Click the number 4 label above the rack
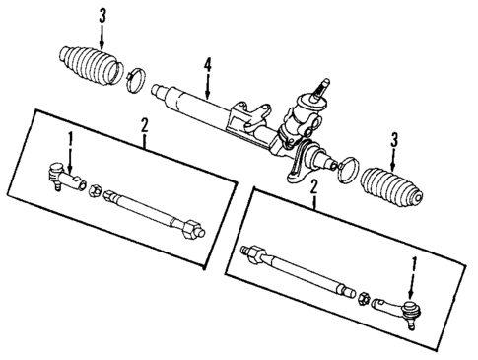click(207, 67)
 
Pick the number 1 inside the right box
click(413, 263)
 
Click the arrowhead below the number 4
click(207, 92)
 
